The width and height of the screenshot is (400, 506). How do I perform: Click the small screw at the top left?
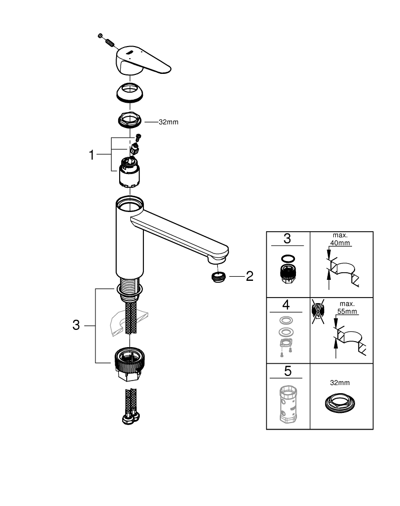click(x=101, y=35)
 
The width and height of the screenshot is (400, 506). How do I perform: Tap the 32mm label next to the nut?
click(x=169, y=122)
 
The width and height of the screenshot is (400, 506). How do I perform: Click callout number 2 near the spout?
click(x=249, y=276)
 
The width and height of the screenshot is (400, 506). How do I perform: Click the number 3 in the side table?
click(x=287, y=239)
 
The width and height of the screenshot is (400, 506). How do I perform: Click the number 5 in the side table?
click(x=287, y=371)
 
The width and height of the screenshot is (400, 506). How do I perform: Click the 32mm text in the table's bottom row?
click(x=341, y=384)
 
